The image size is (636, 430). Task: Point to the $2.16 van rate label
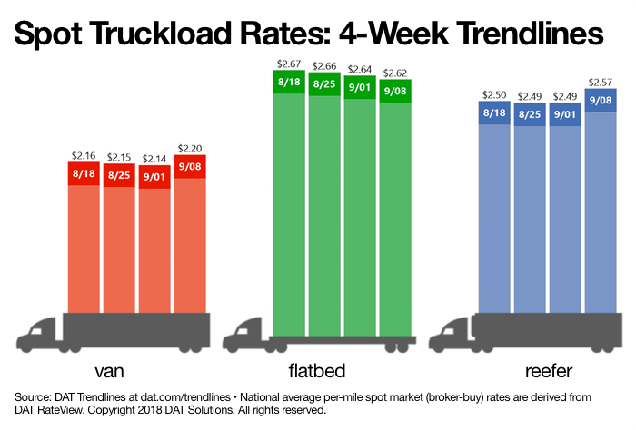tap(84, 156)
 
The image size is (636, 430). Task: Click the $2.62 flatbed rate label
tap(395, 72)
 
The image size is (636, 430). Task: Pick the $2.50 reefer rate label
tap(495, 95)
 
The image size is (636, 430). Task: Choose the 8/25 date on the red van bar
tap(120, 174)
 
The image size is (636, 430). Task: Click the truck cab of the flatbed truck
tap(247, 336)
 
